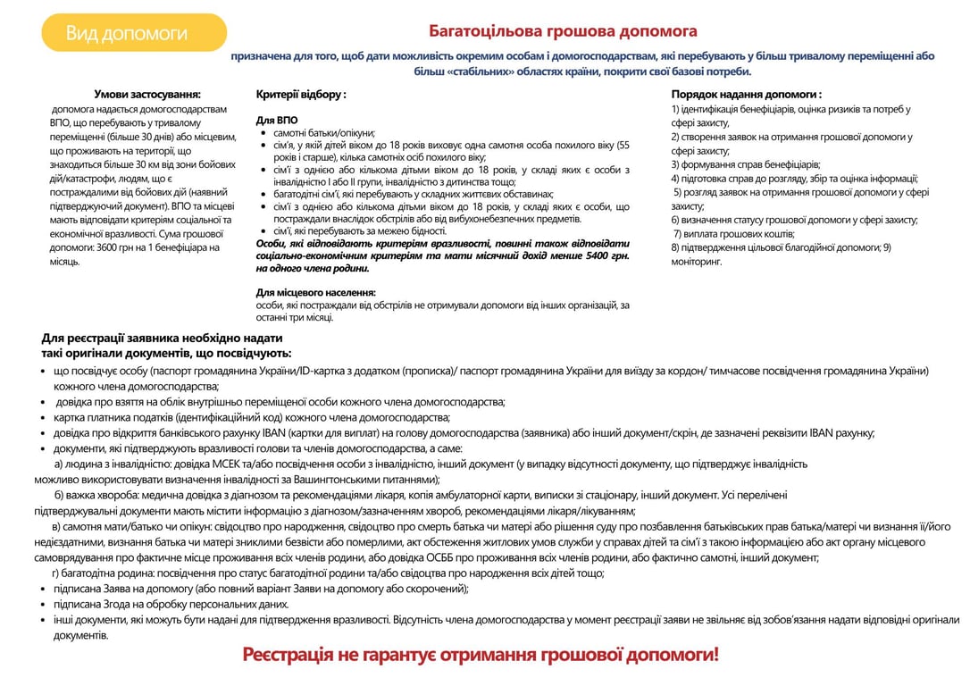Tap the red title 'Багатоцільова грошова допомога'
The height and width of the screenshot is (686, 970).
coord(563,31)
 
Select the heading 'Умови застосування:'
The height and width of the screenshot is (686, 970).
coord(147,94)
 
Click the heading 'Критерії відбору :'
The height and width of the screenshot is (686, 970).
coord(301,94)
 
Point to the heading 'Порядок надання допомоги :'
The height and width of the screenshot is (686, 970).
coord(747,94)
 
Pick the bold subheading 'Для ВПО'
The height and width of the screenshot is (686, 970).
coord(276,120)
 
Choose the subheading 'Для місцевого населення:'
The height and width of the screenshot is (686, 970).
coord(315,292)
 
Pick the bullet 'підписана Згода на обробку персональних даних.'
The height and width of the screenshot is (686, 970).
coord(171,604)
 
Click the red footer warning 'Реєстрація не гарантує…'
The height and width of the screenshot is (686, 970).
coord(480,655)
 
